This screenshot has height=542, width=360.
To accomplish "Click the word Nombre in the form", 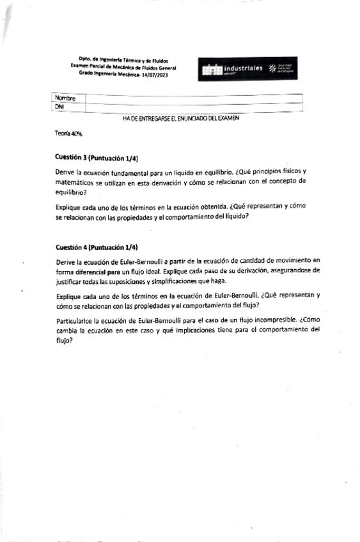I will pos(67,98).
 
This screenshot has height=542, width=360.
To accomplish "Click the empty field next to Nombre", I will pos(192,98).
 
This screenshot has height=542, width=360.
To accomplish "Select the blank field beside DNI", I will pos(192,107).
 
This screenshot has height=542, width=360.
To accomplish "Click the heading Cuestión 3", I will pos(70,157).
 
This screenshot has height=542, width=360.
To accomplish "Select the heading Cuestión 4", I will pos(70,247).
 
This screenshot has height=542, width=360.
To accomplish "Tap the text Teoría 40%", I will pos(68,134).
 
